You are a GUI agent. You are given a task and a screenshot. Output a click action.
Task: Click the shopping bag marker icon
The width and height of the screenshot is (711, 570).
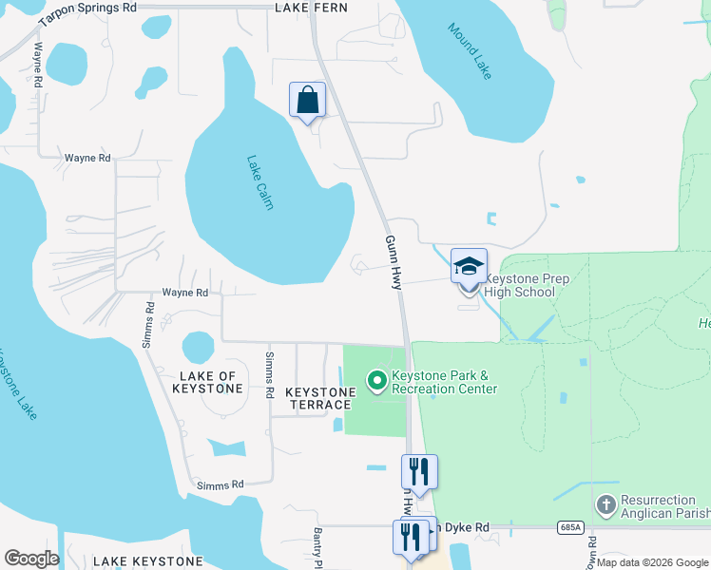click(307, 100)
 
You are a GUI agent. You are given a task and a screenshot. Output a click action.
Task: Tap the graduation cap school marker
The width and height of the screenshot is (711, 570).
click(469, 266)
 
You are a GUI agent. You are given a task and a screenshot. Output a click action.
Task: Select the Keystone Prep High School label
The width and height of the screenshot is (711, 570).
click(520, 285)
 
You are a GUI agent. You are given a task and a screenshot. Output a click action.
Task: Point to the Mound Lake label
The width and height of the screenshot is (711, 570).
click(470, 51)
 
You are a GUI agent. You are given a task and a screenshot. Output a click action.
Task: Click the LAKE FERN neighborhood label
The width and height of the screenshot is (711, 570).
click(311, 8)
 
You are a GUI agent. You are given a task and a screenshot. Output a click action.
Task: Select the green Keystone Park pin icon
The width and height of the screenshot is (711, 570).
click(376, 382)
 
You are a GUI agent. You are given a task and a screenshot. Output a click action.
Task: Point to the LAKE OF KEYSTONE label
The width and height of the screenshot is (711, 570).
click(210, 382)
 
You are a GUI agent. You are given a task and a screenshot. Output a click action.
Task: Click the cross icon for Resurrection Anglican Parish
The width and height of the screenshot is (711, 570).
click(605, 505)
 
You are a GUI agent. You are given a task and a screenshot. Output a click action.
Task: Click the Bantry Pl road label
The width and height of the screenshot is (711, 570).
click(318, 544)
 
